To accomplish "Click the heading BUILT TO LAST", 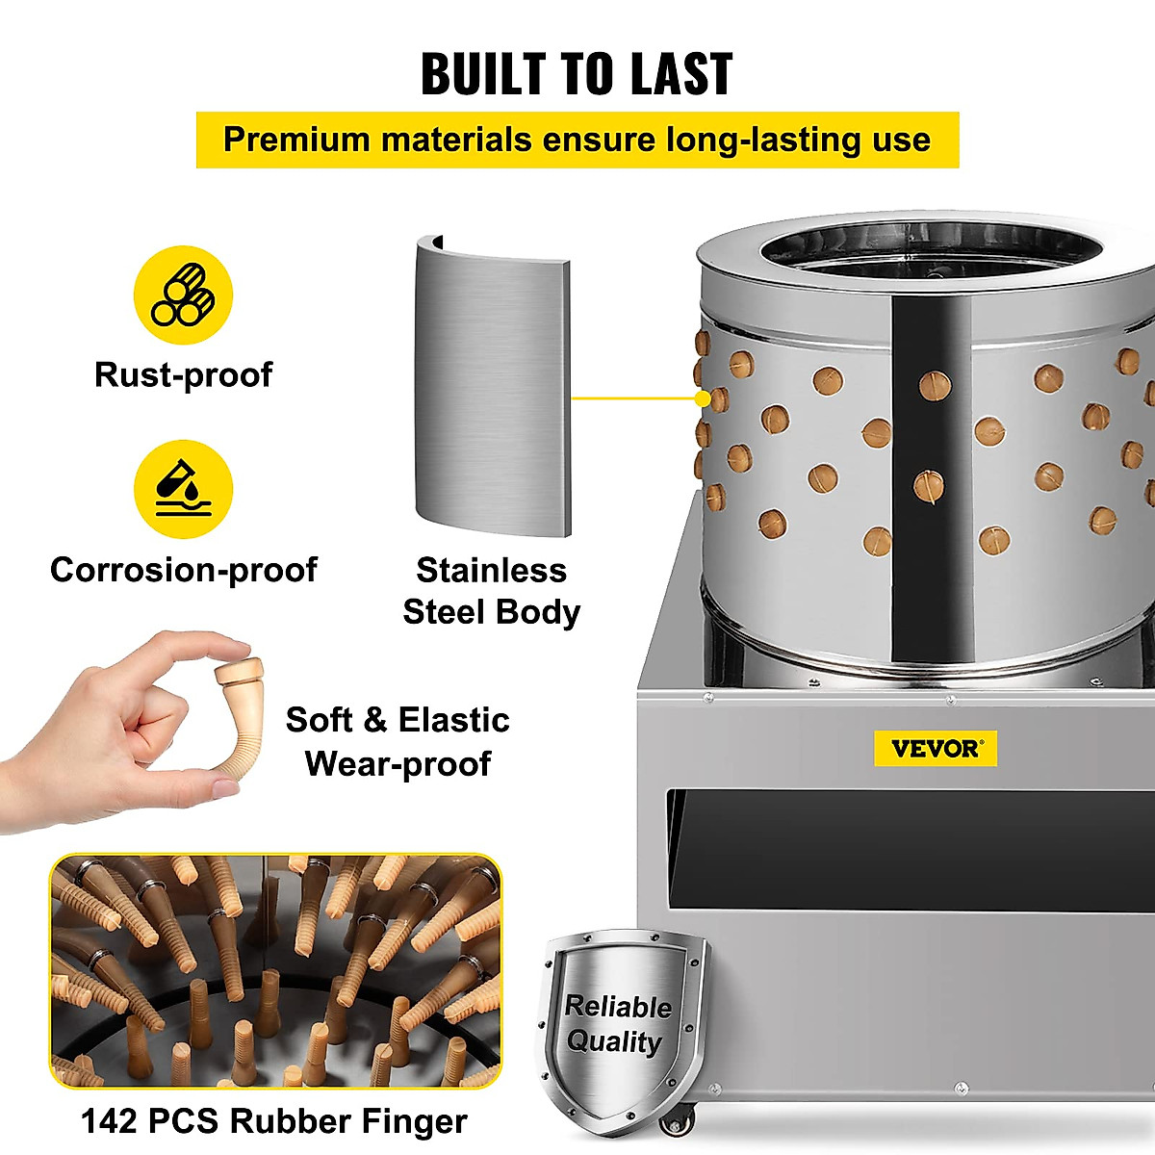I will point(577,73).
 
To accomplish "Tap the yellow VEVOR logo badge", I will point(935,748).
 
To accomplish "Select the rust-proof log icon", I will point(183,295).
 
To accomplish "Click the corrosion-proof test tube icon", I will point(183,489).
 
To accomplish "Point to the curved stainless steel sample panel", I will point(492,385).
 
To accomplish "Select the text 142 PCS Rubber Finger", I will point(274,1121).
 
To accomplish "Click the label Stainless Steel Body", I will point(491,591).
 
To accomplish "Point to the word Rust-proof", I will point(183,374).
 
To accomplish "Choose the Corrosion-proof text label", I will point(183,570).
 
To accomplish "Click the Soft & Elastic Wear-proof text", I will point(398,741).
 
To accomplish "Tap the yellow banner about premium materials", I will point(577,140).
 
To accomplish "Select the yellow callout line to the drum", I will point(635,398).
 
